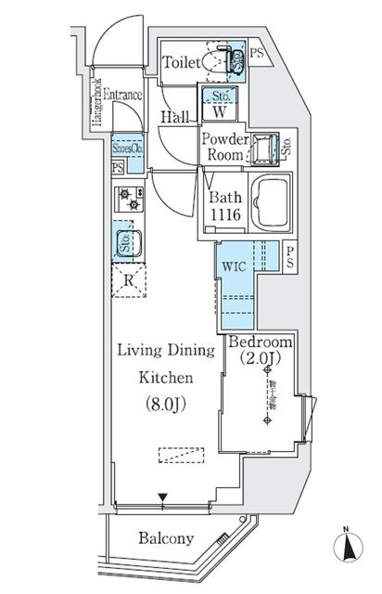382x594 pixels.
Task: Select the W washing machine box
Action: (220, 112)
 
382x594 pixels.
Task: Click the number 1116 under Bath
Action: (226, 213)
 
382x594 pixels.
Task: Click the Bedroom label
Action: (261, 339)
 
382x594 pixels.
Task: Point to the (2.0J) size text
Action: (261, 357)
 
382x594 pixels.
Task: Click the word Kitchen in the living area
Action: (166, 378)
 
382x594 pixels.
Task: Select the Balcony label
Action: (166, 538)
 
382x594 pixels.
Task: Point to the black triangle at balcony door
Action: (163, 498)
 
